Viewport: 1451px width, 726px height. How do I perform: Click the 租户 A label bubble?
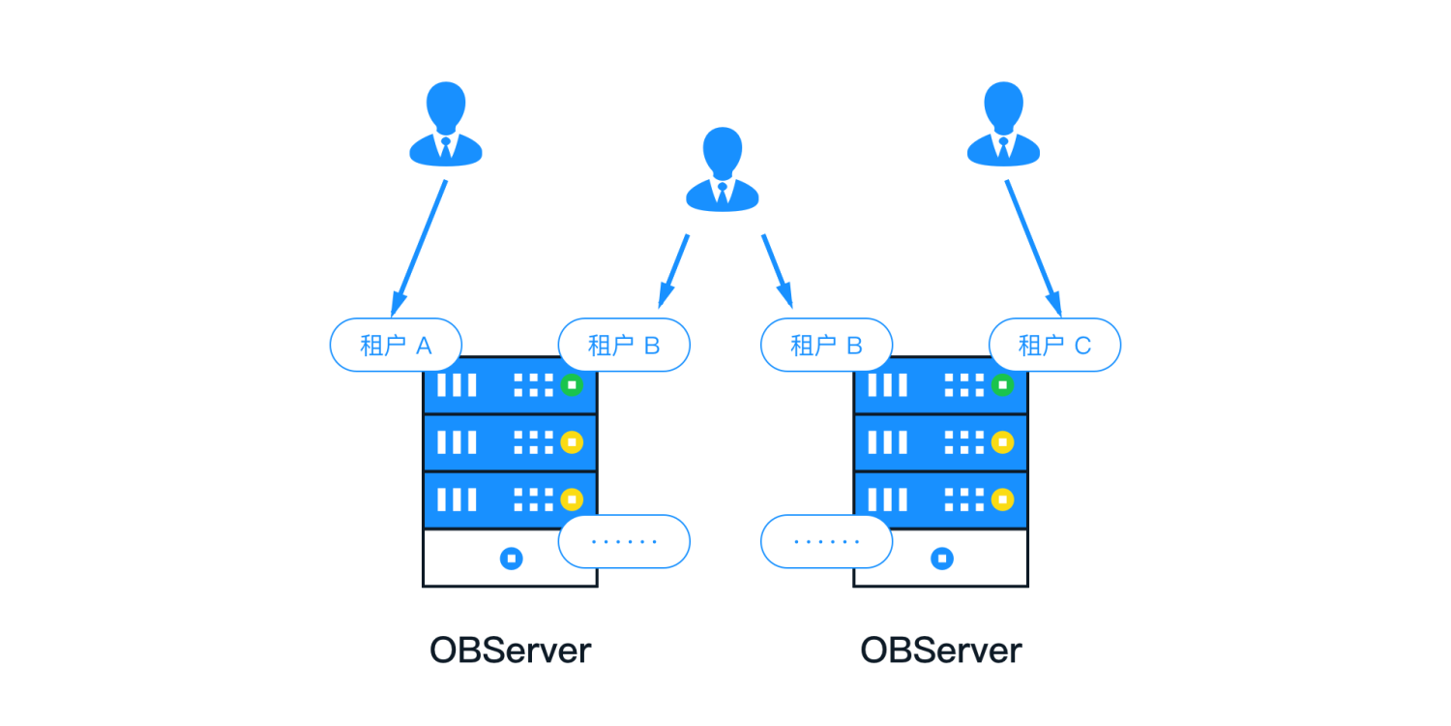pyautogui.click(x=396, y=345)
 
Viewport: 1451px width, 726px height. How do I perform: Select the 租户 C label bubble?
pyautogui.click(x=1054, y=345)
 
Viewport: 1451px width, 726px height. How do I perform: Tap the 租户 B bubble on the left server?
pyautogui.click(x=624, y=345)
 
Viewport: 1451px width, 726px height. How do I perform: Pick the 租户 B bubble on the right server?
pyautogui.click(x=826, y=345)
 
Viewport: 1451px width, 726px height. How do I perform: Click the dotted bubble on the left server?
pyautogui.click(x=624, y=541)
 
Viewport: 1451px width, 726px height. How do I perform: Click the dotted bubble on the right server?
pyautogui.click(x=826, y=541)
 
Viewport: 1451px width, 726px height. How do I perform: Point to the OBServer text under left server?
pyautogui.click(x=510, y=650)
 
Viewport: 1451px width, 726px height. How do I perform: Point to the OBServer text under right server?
pyautogui.click(x=940, y=650)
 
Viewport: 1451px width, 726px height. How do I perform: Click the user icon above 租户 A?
pyautogui.click(x=445, y=124)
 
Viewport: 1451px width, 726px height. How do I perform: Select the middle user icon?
pyautogui.click(x=723, y=168)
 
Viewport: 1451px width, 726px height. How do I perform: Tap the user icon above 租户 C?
pyautogui.click(x=1003, y=124)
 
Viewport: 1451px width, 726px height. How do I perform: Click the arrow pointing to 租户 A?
pyautogui.click(x=419, y=247)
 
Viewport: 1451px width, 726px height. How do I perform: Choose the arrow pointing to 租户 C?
pyautogui.click(x=1033, y=247)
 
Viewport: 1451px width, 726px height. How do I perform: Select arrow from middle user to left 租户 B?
pyautogui.click(x=674, y=270)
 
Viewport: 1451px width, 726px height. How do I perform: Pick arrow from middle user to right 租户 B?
pyautogui.click(x=777, y=270)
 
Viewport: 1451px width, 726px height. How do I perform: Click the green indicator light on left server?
pyautogui.click(x=572, y=385)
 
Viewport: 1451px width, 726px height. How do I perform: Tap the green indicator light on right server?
pyautogui.click(x=1003, y=385)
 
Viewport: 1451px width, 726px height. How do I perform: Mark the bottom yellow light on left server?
pyautogui.click(x=572, y=499)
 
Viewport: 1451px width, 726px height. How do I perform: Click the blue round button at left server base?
pyautogui.click(x=511, y=559)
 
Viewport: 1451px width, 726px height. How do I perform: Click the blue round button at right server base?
pyautogui.click(x=941, y=559)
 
